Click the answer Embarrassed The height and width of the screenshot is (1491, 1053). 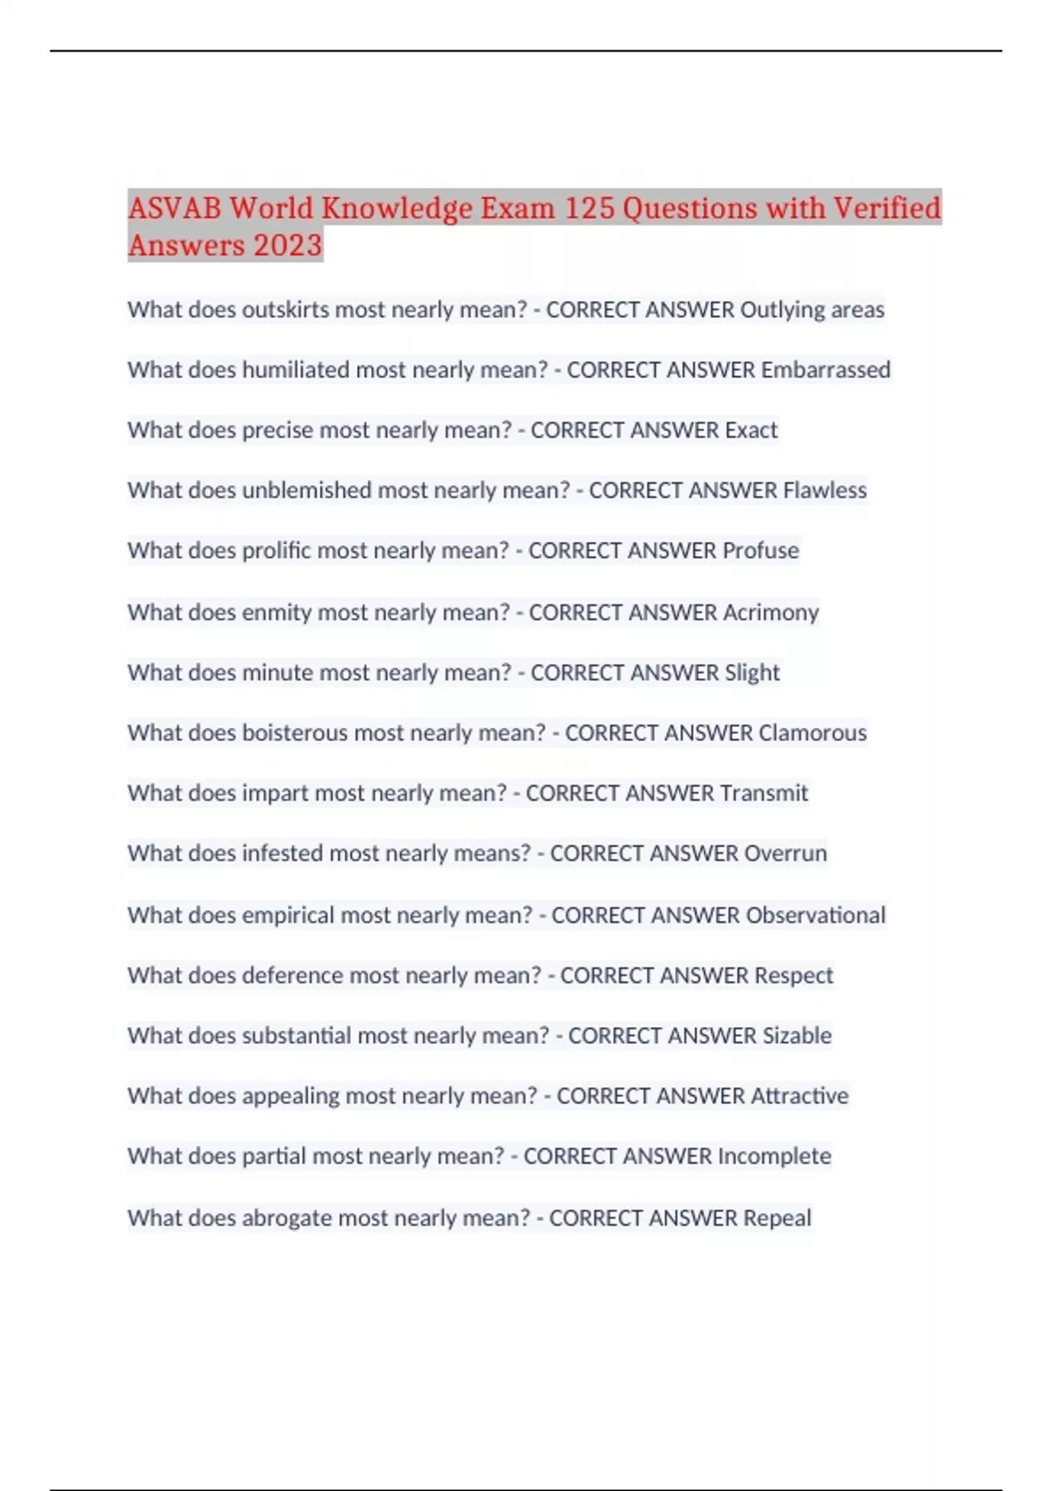(825, 370)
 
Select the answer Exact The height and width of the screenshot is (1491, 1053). (751, 431)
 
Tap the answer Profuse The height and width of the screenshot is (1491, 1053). (760, 551)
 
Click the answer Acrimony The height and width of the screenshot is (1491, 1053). (770, 612)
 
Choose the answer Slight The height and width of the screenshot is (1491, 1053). (752, 673)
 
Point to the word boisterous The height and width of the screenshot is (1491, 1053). (311, 733)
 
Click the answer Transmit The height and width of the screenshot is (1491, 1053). (763, 794)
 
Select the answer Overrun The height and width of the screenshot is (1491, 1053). (785, 853)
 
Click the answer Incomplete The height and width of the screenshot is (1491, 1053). (774, 1156)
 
